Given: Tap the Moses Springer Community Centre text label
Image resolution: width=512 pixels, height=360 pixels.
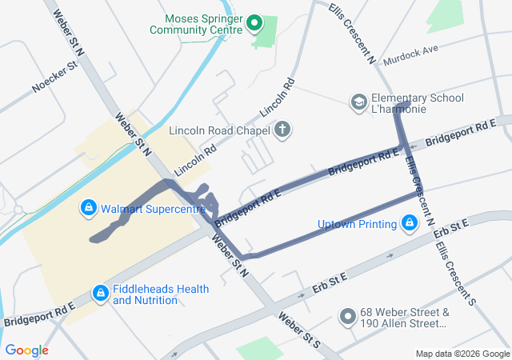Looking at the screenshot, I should pos(202,24).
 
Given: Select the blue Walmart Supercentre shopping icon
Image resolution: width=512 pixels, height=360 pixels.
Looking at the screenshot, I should pos(89,210).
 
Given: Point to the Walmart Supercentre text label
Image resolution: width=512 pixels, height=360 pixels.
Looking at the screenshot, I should pos(141,210).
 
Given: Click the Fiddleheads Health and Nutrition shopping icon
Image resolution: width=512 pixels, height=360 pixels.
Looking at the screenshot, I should pos(100,294).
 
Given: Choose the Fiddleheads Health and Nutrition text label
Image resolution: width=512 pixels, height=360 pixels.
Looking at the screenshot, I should pos(161,294).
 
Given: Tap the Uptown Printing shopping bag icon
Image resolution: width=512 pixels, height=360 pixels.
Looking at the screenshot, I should pos(409,222).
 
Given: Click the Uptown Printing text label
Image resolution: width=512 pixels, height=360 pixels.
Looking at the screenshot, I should pos(357,223).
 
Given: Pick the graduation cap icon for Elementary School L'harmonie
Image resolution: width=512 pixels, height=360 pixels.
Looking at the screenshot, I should pos(359,102).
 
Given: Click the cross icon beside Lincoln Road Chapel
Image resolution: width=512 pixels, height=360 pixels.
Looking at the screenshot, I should pos(282,129).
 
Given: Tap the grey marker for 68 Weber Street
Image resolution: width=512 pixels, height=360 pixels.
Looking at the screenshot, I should pos(347,318).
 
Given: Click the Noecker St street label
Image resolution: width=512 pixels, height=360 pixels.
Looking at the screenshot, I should pos(54,76).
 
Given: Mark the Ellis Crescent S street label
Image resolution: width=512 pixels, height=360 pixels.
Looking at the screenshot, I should pos(456,272).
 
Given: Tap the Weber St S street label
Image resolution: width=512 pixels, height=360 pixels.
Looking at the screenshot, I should pos(298,330).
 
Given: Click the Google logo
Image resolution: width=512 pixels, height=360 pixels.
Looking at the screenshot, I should pos(27,350).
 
